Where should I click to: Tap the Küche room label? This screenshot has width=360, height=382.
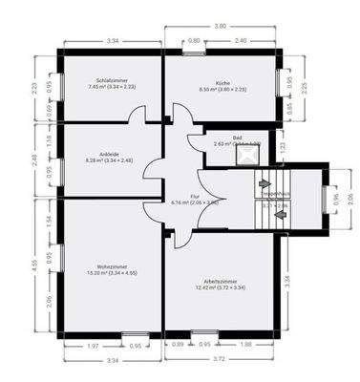pyautogui.click(x=222, y=83)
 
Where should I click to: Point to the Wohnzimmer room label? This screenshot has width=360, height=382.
pyautogui.click(x=114, y=268)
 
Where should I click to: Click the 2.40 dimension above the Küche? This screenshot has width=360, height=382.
pyautogui.click(x=241, y=41)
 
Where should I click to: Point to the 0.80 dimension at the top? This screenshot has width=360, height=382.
pyautogui.click(x=194, y=41)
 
